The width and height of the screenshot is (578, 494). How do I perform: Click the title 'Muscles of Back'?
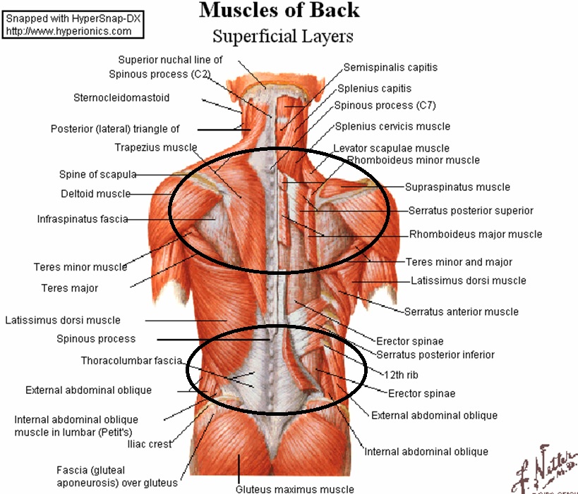(279, 10)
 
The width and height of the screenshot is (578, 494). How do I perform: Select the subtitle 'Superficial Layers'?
(283, 37)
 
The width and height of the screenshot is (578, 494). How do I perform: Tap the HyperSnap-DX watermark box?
(73, 25)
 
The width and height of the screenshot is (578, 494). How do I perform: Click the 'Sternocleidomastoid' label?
(121, 97)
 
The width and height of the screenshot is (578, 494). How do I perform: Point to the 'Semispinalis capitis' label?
(390, 68)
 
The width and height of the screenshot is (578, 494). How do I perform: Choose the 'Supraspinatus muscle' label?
(457, 187)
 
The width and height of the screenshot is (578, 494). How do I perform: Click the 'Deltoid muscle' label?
(95, 194)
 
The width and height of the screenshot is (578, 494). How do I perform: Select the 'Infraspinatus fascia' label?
(83, 219)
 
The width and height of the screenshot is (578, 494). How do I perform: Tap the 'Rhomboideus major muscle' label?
(476, 234)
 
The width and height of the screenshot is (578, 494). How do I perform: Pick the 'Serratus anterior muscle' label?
(461, 311)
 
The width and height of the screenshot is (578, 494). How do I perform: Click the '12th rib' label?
(401, 375)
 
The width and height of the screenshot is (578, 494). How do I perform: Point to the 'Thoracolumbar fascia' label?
(131, 360)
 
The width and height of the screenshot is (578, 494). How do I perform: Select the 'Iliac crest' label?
(150, 444)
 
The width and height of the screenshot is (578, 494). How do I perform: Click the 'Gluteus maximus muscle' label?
(294, 489)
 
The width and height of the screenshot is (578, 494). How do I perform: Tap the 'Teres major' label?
(70, 288)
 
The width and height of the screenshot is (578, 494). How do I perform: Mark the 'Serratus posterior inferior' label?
(435, 354)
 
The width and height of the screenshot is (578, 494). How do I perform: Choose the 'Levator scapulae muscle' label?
(391, 148)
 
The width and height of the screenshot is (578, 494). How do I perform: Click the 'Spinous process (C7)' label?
(385, 106)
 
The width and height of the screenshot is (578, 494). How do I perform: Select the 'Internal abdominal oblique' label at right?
(426, 452)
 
